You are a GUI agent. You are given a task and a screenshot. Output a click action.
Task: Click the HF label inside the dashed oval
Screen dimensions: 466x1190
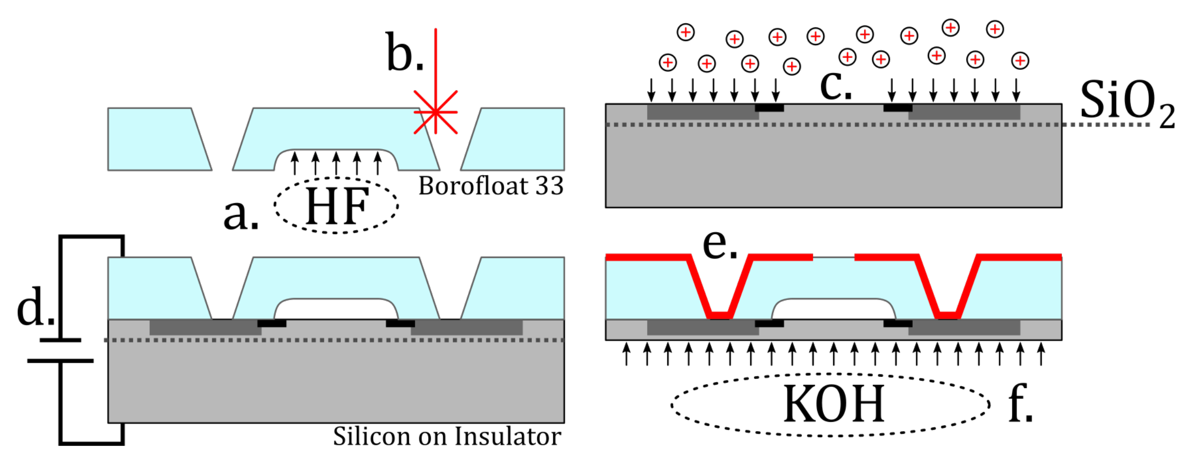click(x=337, y=206)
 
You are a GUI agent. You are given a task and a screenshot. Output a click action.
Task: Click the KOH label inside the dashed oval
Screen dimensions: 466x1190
click(x=833, y=404)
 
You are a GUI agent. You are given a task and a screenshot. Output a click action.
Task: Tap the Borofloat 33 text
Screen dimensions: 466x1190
click(x=490, y=186)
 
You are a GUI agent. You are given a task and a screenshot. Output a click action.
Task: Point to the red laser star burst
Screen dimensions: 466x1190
click(x=435, y=112)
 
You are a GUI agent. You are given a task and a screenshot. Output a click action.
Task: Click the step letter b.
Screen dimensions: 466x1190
click(x=403, y=53)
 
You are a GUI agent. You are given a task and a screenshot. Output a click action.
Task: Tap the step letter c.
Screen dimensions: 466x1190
click(x=835, y=84)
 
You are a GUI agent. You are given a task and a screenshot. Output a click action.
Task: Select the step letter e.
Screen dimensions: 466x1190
click(x=719, y=244)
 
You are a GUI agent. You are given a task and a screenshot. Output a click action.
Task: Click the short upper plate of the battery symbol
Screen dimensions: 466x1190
click(x=60, y=340)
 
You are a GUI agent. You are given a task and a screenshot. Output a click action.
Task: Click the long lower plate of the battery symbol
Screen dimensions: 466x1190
click(x=60, y=361)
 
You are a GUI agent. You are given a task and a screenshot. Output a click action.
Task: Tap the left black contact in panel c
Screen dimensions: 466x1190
click(x=769, y=108)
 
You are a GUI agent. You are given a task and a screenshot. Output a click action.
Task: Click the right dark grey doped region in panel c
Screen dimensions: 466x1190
click(x=964, y=112)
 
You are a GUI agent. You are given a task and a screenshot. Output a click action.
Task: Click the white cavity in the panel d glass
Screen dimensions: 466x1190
click(x=336, y=309)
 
